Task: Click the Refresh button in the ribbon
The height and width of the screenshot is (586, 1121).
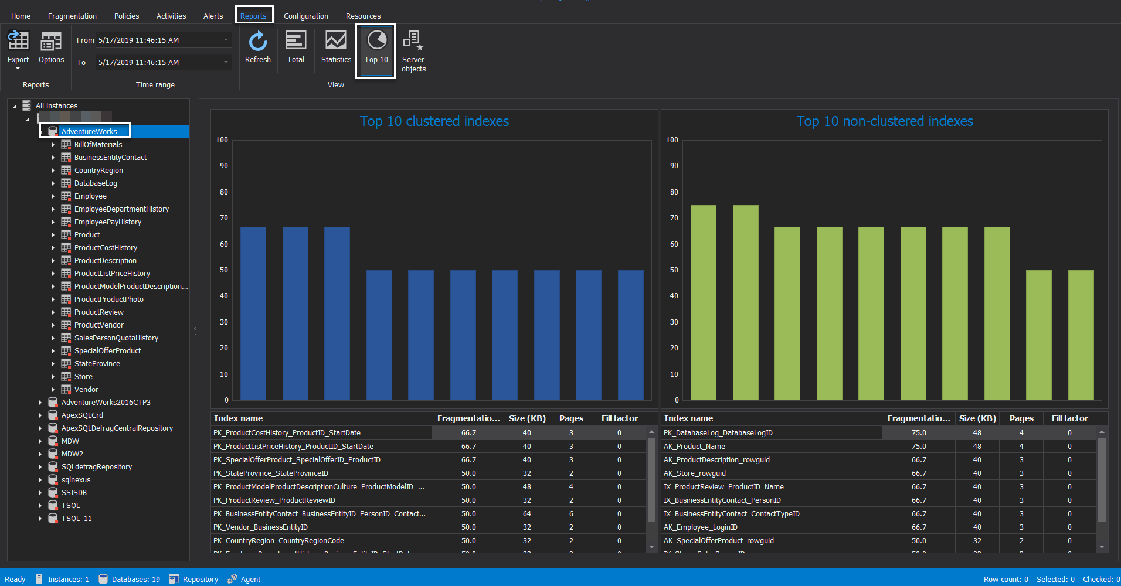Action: point(257,47)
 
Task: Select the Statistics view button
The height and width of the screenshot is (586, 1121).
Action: point(336,47)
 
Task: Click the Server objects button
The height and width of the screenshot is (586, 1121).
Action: point(413,52)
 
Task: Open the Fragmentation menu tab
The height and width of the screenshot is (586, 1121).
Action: point(72,16)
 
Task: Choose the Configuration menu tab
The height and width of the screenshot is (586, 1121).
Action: point(305,16)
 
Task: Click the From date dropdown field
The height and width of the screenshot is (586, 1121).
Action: point(163,40)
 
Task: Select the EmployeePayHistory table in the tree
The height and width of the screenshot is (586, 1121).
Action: point(107,222)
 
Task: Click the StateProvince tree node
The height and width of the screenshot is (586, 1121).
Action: point(97,364)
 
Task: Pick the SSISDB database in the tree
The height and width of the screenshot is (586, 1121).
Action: point(74,493)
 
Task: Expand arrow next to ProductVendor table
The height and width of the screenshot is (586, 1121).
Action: point(53,325)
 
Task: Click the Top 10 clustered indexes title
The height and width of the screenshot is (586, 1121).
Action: point(434,121)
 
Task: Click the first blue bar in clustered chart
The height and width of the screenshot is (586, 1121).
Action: point(253,314)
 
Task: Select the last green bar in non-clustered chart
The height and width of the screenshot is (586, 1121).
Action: point(1081,335)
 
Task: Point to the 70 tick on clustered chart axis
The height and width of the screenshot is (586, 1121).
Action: point(224,218)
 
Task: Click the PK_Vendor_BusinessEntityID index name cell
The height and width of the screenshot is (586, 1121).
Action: point(260,527)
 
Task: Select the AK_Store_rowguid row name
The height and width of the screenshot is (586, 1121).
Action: point(694,473)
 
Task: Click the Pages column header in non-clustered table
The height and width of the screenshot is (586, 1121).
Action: point(1021,418)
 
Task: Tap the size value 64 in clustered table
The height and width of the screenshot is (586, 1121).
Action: point(526,514)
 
